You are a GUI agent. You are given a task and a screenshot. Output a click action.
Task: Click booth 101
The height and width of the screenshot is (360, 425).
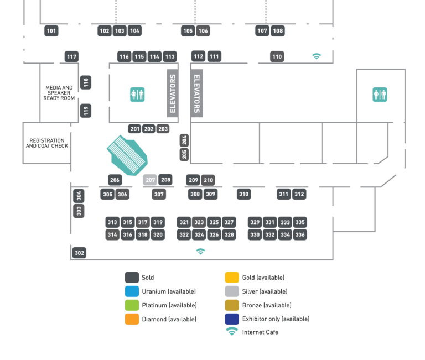tap(51, 31)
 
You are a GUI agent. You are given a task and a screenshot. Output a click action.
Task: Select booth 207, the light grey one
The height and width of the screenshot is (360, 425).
tap(150, 180)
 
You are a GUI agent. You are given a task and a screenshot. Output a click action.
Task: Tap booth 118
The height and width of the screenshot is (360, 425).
tap(86, 83)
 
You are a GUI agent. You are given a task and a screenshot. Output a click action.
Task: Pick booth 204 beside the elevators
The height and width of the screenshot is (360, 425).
tap(184, 140)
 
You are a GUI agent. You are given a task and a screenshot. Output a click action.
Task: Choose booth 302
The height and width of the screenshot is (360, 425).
tap(79, 253)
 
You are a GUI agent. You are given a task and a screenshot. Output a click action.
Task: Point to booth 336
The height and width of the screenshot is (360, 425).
tap(300, 234)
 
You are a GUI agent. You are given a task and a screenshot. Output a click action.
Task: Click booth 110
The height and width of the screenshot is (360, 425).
tap(277, 56)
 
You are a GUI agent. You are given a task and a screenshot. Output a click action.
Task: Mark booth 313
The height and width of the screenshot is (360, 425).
tap(112, 222)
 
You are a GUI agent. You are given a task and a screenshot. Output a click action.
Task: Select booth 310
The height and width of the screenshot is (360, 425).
tap(243, 194)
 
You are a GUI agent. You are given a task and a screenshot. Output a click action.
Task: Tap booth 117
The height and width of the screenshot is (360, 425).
tap(71, 56)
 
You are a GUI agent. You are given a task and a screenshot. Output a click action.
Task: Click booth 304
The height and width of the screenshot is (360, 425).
tap(79, 196)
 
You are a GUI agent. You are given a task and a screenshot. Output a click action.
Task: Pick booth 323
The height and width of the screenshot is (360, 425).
tap(199, 222)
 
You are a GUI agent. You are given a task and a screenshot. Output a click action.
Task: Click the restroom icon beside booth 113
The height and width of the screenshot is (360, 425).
tap(137, 95)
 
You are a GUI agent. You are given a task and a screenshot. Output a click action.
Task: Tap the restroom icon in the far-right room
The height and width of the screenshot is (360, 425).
tap(380, 95)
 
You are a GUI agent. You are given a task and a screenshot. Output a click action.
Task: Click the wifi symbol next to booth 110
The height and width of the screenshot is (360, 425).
tap(317, 56)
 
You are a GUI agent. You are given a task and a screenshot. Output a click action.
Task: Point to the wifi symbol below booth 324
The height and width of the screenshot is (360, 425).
tap(200, 251)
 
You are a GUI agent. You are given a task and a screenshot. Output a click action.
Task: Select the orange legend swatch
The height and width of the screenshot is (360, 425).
tap(132, 319)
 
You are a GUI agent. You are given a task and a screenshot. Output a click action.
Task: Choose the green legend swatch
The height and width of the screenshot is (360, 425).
tap(132, 305)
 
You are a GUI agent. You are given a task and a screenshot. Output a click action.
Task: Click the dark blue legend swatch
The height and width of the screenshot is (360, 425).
tap(232, 319)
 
